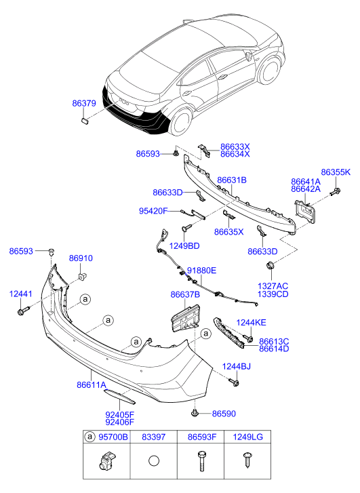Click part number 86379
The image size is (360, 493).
(84, 103)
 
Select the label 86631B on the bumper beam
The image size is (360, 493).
(232, 180)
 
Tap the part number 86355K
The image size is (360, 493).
(336, 172)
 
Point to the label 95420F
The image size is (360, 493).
(153, 211)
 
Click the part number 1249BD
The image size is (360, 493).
(184, 245)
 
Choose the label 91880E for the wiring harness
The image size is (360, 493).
(201, 271)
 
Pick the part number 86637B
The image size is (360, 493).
(185, 294)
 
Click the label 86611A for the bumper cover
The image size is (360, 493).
(92, 384)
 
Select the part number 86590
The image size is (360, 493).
(224, 414)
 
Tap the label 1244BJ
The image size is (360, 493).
(237, 367)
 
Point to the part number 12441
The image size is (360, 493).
(21, 294)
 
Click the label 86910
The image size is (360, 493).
(81, 258)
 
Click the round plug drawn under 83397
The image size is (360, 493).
(154, 461)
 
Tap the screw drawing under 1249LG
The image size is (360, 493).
(247, 460)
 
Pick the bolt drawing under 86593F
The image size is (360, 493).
(201, 461)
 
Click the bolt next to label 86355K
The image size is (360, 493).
(336, 191)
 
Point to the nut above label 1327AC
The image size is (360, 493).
(270, 264)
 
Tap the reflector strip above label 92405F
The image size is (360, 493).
(119, 396)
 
